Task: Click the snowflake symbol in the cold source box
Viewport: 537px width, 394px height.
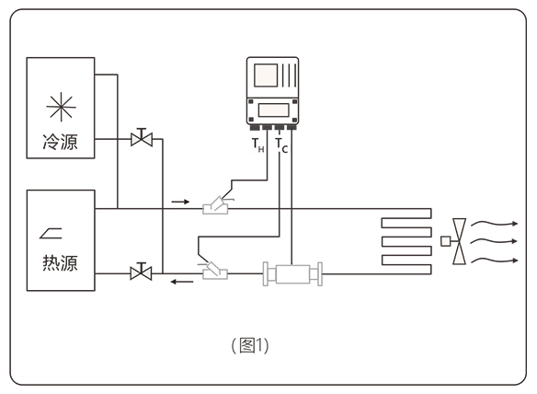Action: (x=61, y=107)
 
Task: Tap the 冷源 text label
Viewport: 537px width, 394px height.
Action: (x=61, y=142)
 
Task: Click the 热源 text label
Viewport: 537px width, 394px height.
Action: (x=61, y=263)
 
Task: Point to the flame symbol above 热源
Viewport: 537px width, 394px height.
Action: (x=51, y=233)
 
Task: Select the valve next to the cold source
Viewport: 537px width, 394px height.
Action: (x=142, y=138)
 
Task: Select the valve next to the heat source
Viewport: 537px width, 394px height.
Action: (x=141, y=272)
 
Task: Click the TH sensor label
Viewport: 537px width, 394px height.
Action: (x=257, y=145)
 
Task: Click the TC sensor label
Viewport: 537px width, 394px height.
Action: (x=282, y=145)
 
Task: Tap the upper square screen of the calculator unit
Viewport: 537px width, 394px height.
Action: (x=266, y=75)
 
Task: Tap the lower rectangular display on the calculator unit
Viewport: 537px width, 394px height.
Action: (x=273, y=110)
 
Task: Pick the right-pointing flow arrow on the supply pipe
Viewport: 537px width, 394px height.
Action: (x=180, y=202)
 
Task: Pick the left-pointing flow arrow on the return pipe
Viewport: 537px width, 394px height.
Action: (x=182, y=282)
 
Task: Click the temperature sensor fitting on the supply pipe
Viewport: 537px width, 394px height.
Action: (x=216, y=205)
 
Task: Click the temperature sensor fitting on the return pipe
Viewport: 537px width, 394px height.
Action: (x=215, y=272)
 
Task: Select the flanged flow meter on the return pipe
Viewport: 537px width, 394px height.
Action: (x=292, y=273)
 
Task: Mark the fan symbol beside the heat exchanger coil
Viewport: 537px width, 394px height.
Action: (x=459, y=241)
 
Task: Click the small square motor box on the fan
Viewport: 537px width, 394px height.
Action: (x=446, y=241)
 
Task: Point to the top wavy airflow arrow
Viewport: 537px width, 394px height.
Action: (x=494, y=224)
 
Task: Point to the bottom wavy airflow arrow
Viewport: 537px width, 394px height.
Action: (x=494, y=261)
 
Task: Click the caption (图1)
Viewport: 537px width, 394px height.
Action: (x=250, y=345)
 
